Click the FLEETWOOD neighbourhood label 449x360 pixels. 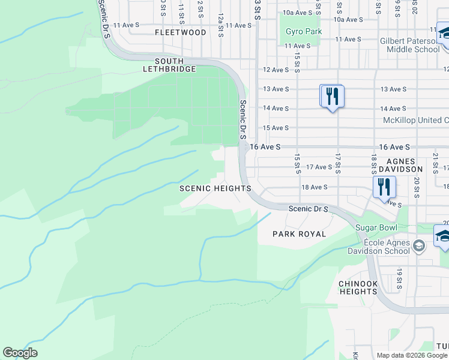181,32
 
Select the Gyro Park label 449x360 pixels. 303,32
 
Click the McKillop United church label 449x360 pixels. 415,121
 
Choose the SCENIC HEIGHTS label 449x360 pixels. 215,188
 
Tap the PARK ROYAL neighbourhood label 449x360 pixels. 300,234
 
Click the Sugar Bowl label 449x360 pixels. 376,228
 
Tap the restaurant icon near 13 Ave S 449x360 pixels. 331,96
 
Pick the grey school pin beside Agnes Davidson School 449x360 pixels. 420,245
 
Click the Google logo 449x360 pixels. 20,353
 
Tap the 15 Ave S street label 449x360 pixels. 276,128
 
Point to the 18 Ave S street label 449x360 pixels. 315,187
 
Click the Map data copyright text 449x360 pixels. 412,355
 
